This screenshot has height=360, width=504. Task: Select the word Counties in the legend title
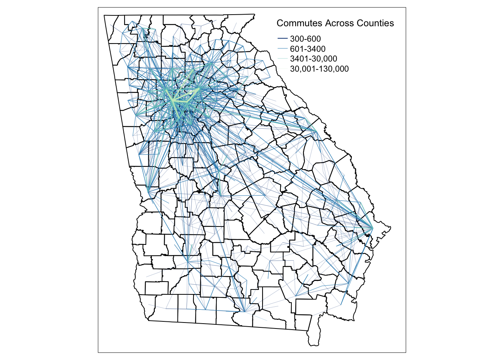point(375,23)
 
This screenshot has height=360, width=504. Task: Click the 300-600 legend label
point(305,39)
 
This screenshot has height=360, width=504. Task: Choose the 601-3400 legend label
point(307,49)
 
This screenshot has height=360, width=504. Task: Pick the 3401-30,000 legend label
point(313,59)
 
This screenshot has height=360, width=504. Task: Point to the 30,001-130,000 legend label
point(319,69)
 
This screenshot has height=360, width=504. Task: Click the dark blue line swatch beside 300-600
point(282,39)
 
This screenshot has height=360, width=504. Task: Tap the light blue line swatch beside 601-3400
point(282,49)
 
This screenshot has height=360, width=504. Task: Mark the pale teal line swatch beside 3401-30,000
point(282,59)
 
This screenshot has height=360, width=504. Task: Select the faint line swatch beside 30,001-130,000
point(282,69)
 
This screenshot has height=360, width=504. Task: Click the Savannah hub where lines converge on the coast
point(372,228)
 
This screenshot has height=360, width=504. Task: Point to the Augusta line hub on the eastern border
point(316,131)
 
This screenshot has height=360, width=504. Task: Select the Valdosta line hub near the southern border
point(244,311)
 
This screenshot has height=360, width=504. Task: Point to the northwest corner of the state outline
point(104,15)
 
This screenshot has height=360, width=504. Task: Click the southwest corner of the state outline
point(148,321)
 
